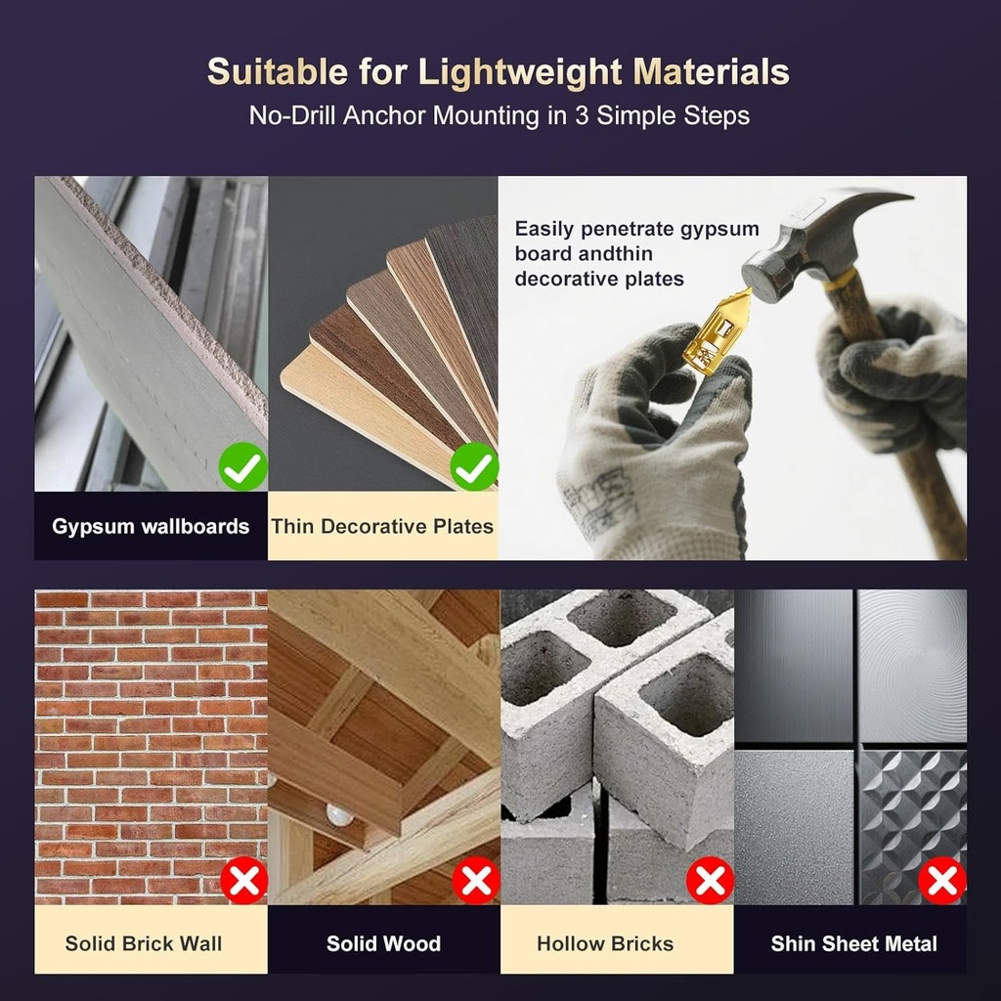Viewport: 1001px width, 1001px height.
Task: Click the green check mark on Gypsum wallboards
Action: pos(243,466)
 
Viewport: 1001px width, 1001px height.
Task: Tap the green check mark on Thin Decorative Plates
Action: pos(474,466)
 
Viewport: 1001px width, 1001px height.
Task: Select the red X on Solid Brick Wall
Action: pos(243,881)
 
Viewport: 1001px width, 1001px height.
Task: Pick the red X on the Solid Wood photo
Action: pos(476,881)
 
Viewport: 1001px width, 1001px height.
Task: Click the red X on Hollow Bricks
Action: pos(710,881)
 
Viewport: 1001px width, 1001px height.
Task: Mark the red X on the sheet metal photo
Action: pos(942,881)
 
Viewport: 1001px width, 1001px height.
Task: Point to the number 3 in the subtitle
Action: pos(581,115)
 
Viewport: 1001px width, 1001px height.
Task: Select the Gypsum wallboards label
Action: pos(151,526)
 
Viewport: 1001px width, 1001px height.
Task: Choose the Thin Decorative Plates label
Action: pos(382,526)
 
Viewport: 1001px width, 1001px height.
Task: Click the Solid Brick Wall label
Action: pos(144,943)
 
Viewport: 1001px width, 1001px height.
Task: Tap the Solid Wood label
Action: pos(383,943)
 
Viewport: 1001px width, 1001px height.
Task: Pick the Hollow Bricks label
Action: pos(605,943)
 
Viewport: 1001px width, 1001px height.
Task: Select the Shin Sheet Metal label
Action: pos(854,943)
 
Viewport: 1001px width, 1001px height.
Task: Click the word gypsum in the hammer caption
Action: pos(719,229)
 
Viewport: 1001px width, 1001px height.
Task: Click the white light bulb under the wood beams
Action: pos(339,814)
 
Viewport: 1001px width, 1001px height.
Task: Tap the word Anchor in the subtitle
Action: pos(385,115)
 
